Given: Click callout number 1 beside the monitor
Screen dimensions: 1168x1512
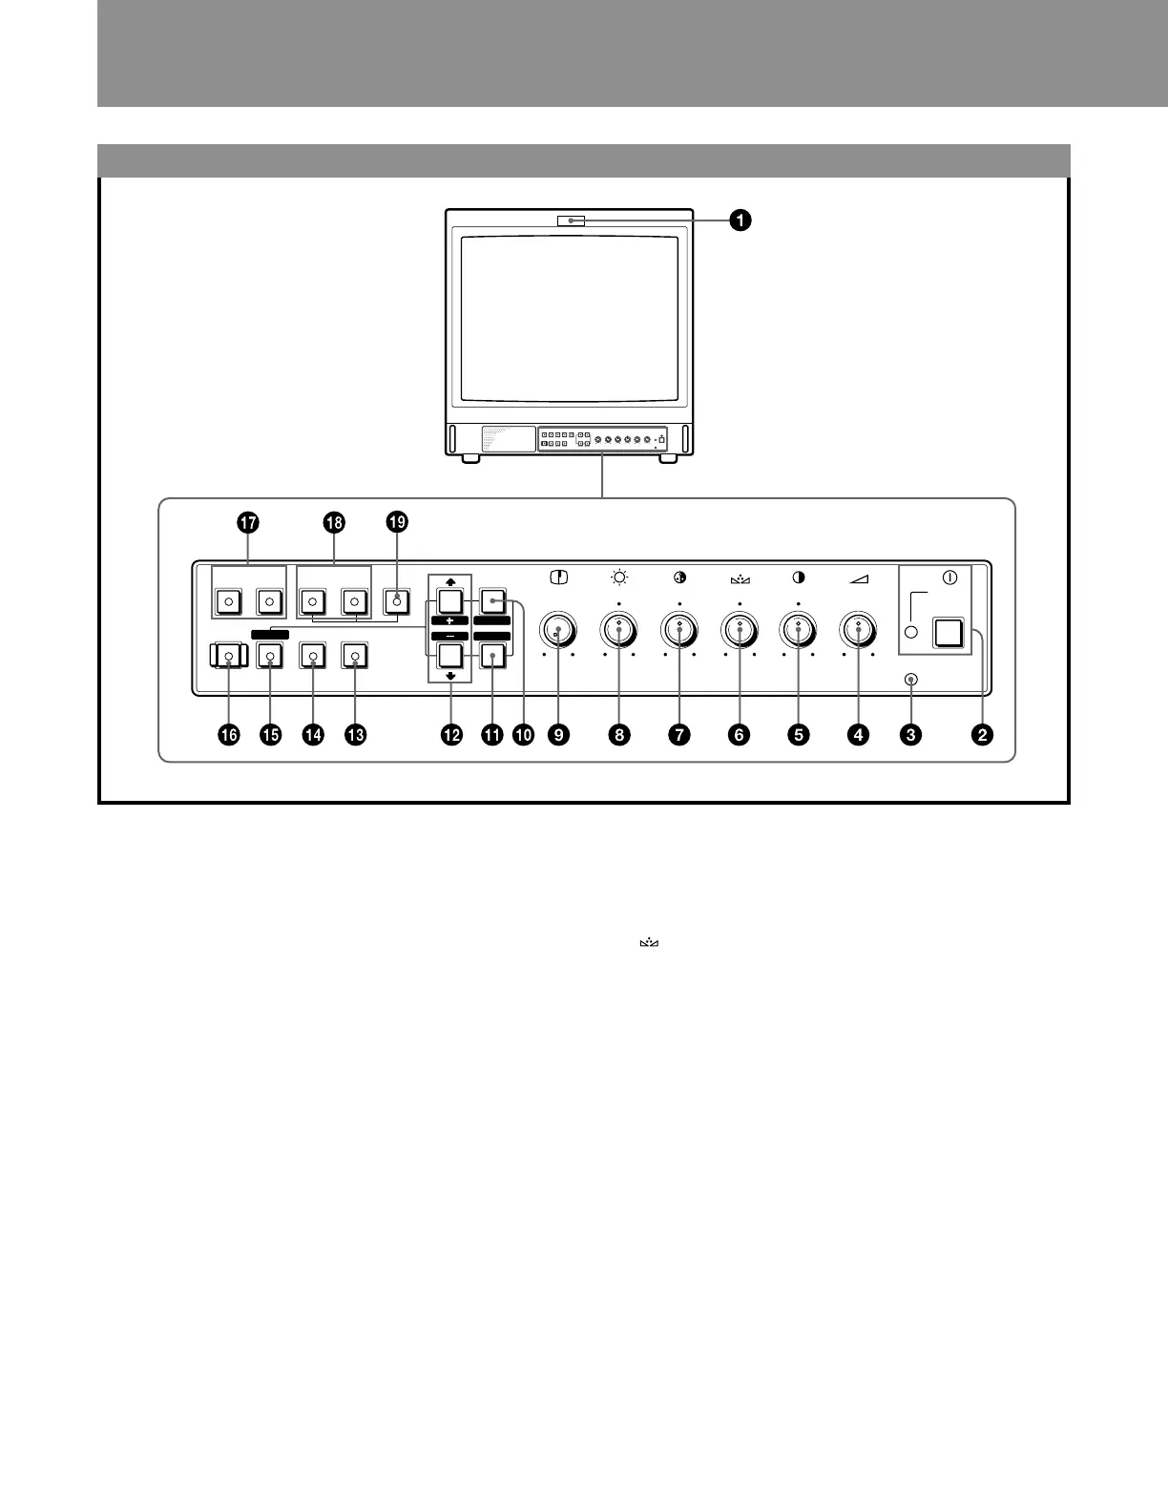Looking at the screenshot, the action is tap(740, 220).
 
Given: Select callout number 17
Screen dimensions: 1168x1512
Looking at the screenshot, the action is tap(248, 523).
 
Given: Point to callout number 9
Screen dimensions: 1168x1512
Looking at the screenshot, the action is tap(557, 734).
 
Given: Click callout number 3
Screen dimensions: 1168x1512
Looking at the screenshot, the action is tap(912, 734).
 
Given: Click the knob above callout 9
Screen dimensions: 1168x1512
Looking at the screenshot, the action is tap(558, 629).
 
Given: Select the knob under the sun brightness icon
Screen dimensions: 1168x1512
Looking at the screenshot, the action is tap(619, 629).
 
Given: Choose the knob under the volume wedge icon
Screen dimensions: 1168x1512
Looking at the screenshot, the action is tap(859, 629).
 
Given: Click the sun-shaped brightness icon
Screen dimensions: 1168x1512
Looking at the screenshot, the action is tap(619, 577).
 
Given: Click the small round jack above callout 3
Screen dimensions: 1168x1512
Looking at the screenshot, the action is tap(912, 679).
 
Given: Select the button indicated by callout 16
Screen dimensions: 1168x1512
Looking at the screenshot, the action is tap(228, 656).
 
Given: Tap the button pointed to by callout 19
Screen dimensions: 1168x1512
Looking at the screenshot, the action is tap(397, 601).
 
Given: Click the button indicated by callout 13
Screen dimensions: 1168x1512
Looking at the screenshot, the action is tap(355, 656).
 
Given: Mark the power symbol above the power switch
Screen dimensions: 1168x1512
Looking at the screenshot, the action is tap(949, 577).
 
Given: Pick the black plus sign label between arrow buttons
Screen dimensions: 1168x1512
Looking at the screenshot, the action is tap(449, 620).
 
